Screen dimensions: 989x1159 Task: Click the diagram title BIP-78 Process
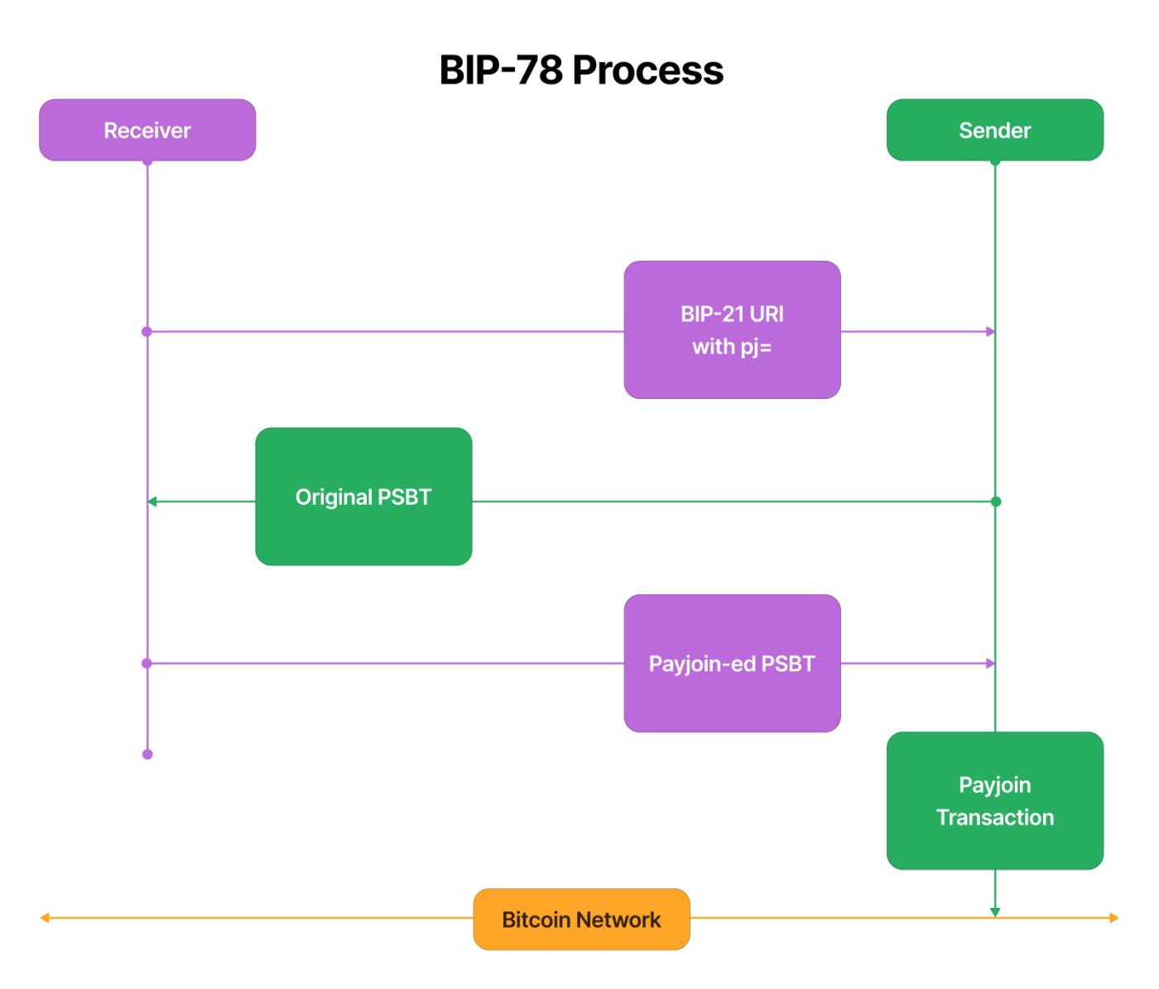click(x=580, y=70)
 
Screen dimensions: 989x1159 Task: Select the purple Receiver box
click(x=147, y=130)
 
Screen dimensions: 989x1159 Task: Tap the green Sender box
click(x=994, y=130)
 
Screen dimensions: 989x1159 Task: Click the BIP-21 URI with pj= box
click(x=732, y=330)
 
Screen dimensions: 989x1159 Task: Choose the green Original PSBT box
click(x=363, y=497)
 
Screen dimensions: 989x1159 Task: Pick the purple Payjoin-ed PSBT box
click(x=732, y=663)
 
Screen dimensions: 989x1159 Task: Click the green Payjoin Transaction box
click(x=994, y=800)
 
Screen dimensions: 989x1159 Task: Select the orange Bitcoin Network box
click(x=581, y=919)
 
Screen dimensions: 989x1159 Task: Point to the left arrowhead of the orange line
click(x=45, y=918)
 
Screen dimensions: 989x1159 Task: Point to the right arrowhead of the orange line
click(x=1114, y=918)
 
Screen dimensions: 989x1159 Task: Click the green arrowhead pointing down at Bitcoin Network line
click(x=995, y=912)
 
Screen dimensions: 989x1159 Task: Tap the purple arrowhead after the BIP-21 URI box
click(x=990, y=332)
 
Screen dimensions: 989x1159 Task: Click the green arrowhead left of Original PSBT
click(x=152, y=502)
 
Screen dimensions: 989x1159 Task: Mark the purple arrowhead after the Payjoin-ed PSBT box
click(x=990, y=664)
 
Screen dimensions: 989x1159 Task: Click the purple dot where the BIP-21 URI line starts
click(x=147, y=332)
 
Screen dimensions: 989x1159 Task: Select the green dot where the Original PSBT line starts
click(x=996, y=502)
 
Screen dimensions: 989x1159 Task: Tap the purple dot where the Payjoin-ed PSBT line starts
click(x=147, y=664)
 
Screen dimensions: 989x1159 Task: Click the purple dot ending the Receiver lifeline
click(x=147, y=754)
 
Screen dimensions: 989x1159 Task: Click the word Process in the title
click(x=647, y=70)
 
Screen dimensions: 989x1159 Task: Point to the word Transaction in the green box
click(x=994, y=818)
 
